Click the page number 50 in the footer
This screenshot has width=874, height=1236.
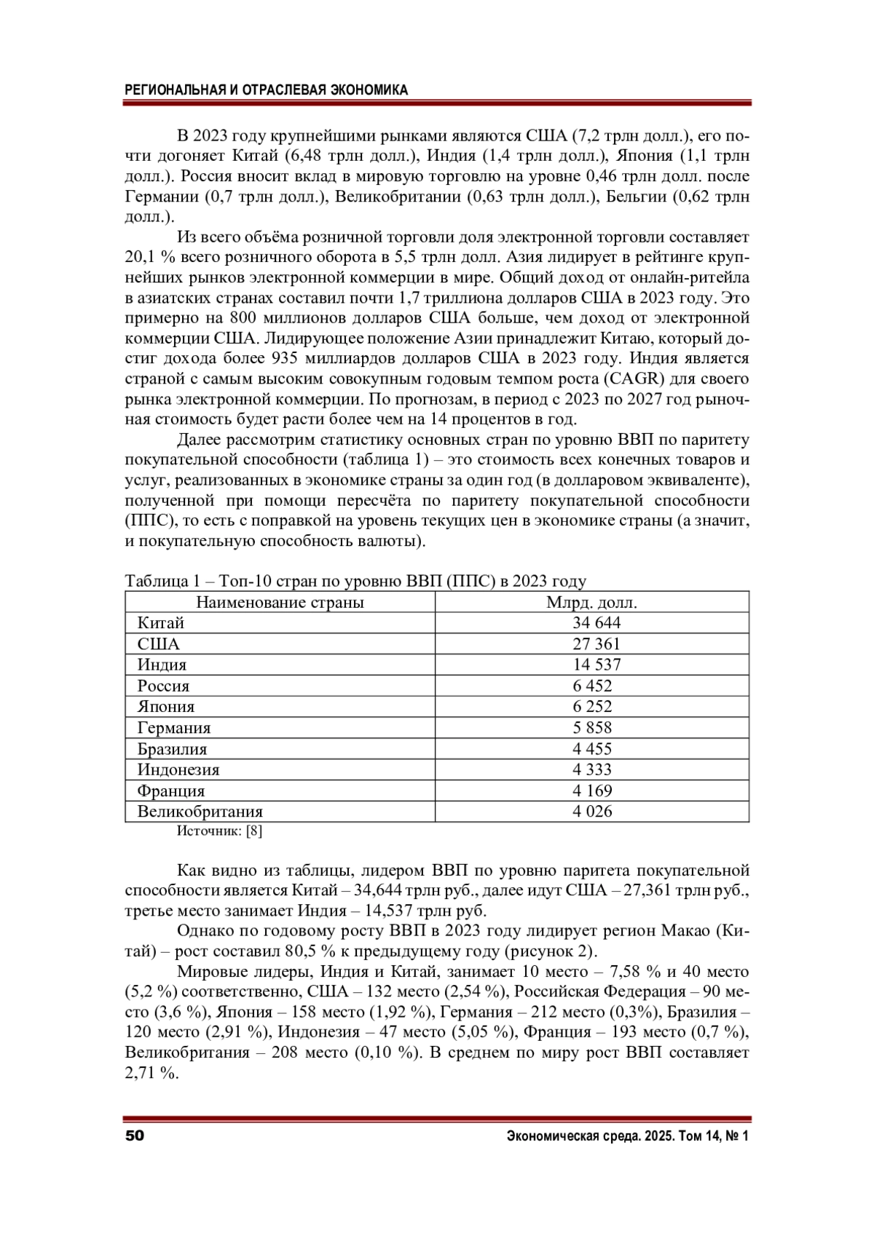coord(135,1136)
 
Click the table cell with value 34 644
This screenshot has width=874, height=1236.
coord(596,623)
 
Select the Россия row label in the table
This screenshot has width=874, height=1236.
coord(163,686)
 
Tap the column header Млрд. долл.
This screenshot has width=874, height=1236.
coord(591,602)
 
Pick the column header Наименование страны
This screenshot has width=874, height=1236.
coord(280,602)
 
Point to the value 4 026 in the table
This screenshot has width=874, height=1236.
coord(592,812)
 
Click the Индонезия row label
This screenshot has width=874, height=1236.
coord(178,769)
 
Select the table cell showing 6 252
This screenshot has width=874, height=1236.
coord(592,707)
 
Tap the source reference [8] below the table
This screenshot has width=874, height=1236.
coord(254,831)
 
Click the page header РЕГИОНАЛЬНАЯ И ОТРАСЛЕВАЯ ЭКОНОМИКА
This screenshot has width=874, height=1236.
coord(267,90)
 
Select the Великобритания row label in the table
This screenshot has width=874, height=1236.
coord(200,812)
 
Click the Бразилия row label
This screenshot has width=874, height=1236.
coord(172,749)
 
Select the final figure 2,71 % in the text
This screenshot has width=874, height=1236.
coord(151,1073)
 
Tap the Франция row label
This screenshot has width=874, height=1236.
coord(171,791)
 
